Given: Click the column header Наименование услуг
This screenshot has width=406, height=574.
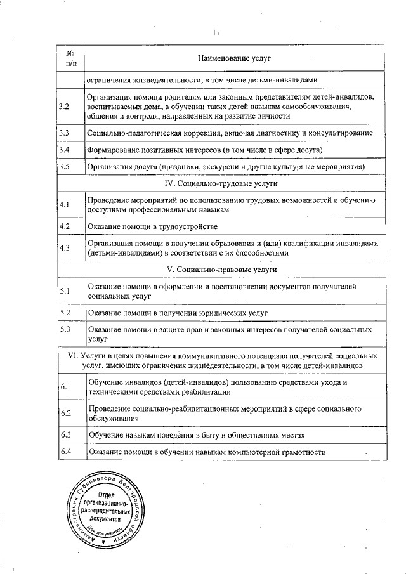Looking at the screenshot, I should [x=234, y=58].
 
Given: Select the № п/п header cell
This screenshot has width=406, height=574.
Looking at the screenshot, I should [x=70, y=58].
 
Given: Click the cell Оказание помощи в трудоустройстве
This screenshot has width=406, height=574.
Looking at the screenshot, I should [x=153, y=226].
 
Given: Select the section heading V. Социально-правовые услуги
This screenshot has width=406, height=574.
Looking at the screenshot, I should [x=221, y=270].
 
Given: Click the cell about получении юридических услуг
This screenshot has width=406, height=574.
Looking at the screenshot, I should [x=178, y=313].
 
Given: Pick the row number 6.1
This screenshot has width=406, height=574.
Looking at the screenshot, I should [x=64, y=387].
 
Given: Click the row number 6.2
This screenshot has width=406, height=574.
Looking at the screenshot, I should [x=64, y=414].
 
